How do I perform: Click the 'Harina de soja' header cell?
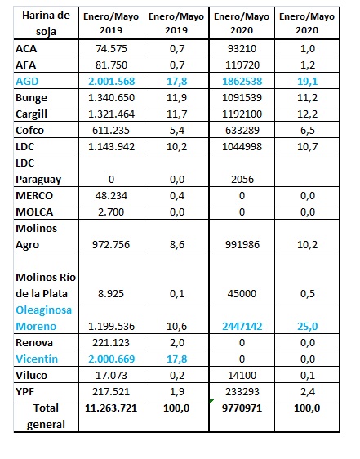(x=46, y=23)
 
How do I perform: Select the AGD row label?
(x=27, y=81)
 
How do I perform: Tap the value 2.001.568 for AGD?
(x=111, y=81)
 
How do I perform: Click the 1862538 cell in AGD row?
(x=242, y=81)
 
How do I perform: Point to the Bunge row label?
(x=31, y=98)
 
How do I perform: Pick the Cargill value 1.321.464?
(x=111, y=114)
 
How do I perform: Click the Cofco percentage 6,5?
(x=307, y=130)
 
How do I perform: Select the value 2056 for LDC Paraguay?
(x=242, y=179)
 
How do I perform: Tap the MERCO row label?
(x=34, y=195)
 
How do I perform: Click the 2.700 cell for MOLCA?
(x=111, y=212)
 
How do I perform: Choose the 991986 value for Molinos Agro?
(x=242, y=244)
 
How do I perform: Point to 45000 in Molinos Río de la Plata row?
(x=242, y=293)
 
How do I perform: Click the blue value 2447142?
(x=242, y=326)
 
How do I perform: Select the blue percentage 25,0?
(x=307, y=326)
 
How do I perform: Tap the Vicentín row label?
(x=37, y=359)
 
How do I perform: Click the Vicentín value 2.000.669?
(x=111, y=359)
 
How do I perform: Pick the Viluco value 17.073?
(x=111, y=375)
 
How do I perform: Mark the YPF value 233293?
(x=242, y=392)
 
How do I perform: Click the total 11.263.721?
(x=111, y=408)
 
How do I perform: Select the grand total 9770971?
(x=242, y=408)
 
